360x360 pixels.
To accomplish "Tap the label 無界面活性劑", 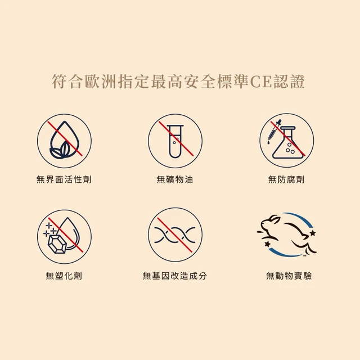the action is (64, 179).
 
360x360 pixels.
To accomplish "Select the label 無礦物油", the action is (175, 179).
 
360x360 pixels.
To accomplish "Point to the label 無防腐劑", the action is (286, 179).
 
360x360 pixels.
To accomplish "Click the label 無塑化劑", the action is (64, 276).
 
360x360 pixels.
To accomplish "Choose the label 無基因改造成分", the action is (175, 276).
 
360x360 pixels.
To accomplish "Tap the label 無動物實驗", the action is (289, 276).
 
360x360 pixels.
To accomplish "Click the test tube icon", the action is (175, 141).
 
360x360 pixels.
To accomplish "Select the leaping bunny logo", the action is (287, 235).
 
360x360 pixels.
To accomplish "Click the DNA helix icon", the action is (175, 235).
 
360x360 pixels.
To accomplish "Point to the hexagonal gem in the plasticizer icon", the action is (57, 245).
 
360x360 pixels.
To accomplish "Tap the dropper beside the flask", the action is (274, 131).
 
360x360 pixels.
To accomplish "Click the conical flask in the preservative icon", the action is (287, 143).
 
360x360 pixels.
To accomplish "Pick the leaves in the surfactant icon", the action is (60, 150).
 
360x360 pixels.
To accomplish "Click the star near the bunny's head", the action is (313, 233).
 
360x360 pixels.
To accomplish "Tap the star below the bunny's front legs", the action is (267, 244).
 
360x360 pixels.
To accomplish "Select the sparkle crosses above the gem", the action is (49, 229).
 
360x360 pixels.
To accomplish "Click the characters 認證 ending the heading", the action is (289, 82).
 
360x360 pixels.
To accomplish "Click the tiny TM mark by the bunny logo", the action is (304, 255).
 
